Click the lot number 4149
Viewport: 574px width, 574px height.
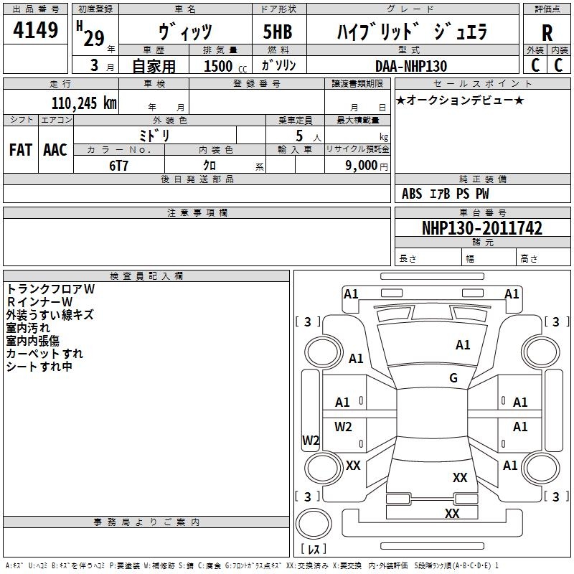[x=36, y=32]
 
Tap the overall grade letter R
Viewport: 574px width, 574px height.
[x=547, y=33]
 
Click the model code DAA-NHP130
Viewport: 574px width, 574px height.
[x=411, y=66]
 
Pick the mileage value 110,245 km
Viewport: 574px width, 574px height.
[x=84, y=103]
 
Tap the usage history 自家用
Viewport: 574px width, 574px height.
[x=154, y=66]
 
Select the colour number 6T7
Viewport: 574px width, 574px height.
[x=118, y=165]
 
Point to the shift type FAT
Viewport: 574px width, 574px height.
[x=21, y=150]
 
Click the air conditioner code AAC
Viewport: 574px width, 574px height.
[x=55, y=150]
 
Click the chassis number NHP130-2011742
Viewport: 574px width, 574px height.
[x=482, y=228]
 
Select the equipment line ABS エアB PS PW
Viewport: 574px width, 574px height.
[x=446, y=194]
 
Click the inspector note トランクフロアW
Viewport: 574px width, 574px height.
[x=51, y=288]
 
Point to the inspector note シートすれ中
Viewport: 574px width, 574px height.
[x=39, y=367]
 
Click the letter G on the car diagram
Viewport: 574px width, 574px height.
[x=453, y=378]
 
